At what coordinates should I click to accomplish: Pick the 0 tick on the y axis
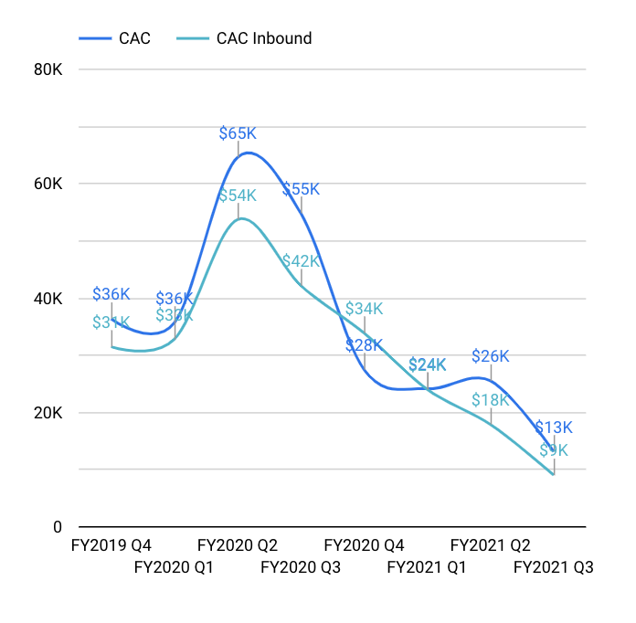(57, 527)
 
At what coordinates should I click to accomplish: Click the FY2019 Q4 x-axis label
(111, 545)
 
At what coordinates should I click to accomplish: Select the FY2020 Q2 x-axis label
(238, 545)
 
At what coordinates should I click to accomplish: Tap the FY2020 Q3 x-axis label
(301, 567)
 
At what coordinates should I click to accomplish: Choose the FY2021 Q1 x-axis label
(427, 567)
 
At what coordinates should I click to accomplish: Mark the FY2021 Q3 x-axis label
(554, 567)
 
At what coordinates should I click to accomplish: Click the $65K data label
(238, 133)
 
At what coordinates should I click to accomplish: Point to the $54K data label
(238, 195)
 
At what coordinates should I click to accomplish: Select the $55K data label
(301, 189)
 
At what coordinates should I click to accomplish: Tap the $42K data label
(301, 260)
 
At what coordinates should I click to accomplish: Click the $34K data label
(364, 308)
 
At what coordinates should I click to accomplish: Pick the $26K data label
(491, 356)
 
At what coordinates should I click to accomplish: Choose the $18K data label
(491, 400)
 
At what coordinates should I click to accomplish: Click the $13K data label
(554, 428)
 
